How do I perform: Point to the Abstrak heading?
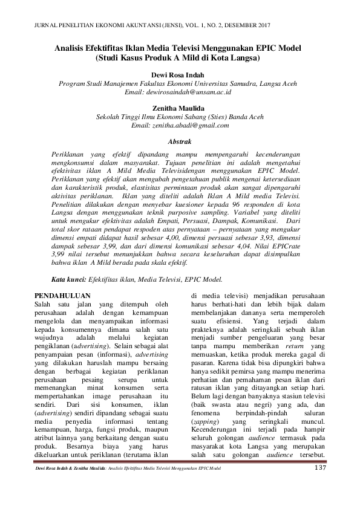179,141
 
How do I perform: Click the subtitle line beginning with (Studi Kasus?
179,59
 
